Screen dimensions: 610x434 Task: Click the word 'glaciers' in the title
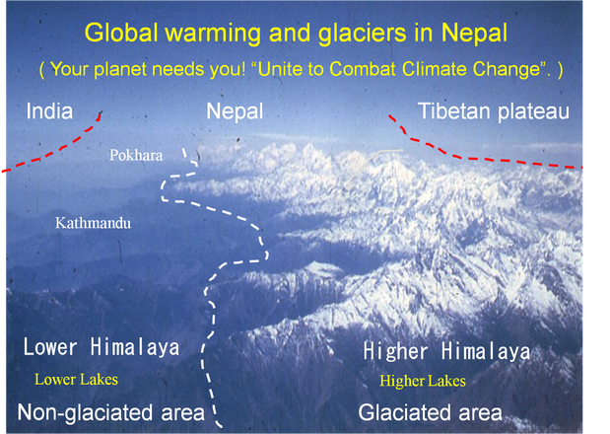click(363, 34)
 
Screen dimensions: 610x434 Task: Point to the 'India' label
click(49, 111)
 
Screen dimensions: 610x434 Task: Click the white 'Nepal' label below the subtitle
click(235, 111)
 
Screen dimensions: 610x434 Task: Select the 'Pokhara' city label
click(136, 155)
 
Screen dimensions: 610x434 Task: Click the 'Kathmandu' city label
click(94, 223)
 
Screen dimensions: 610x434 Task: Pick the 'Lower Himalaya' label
click(102, 347)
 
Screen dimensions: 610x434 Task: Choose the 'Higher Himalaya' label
click(446, 351)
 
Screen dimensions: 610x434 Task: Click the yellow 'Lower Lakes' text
click(76, 380)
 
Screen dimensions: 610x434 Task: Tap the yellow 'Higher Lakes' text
click(423, 381)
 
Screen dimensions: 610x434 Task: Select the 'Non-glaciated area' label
click(111, 412)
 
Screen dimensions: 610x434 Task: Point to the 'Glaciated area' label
click(431, 412)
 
